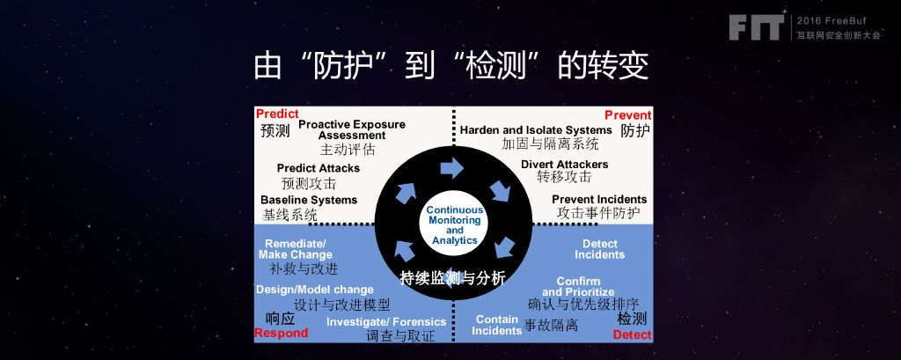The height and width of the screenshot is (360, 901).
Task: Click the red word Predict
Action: coord(277,114)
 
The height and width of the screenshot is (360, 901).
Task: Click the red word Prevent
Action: coord(627,115)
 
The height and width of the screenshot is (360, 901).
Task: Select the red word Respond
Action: coord(281,334)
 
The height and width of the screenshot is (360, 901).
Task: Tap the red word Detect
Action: coord(632,335)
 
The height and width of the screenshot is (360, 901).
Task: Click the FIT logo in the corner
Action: coord(755,27)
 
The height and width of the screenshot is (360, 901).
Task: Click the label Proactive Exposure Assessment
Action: coord(351,129)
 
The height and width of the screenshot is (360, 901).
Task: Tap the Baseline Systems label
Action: coord(308,200)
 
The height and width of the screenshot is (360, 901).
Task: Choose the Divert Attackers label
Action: coord(564,165)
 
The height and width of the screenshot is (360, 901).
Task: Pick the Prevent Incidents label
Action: coord(598,200)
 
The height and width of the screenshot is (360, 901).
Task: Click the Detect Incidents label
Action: coord(599,249)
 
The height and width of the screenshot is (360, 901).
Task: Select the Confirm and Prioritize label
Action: coord(578,287)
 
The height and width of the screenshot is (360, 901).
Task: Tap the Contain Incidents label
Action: coord(497,326)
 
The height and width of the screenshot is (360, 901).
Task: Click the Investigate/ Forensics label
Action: coord(385,322)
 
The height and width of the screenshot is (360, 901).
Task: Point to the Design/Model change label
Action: coord(314,290)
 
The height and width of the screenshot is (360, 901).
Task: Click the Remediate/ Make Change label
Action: coord(296,249)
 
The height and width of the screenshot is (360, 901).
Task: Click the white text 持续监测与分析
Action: coord(452,279)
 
